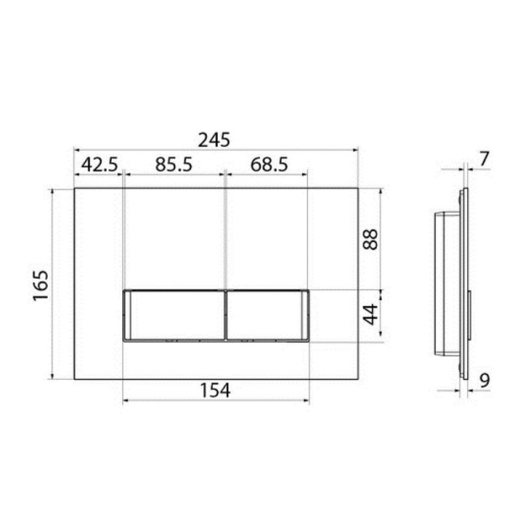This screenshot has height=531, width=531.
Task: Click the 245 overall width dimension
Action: [x=214, y=140]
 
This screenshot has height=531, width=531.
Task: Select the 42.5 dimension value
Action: [x=100, y=165]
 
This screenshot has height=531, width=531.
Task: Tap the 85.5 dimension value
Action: [x=174, y=165]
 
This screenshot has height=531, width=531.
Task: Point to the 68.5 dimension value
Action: [x=269, y=165]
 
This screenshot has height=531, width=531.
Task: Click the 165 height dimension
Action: [x=40, y=285]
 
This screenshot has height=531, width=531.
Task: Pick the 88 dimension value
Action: [x=370, y=240]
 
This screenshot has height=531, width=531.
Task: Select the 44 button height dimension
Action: [x=370, y=315]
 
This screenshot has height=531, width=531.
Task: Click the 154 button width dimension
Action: [x=215, y=390]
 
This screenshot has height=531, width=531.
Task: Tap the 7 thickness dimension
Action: [x=485, y=159]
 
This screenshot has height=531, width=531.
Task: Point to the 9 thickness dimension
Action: [x=485, y=380]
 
